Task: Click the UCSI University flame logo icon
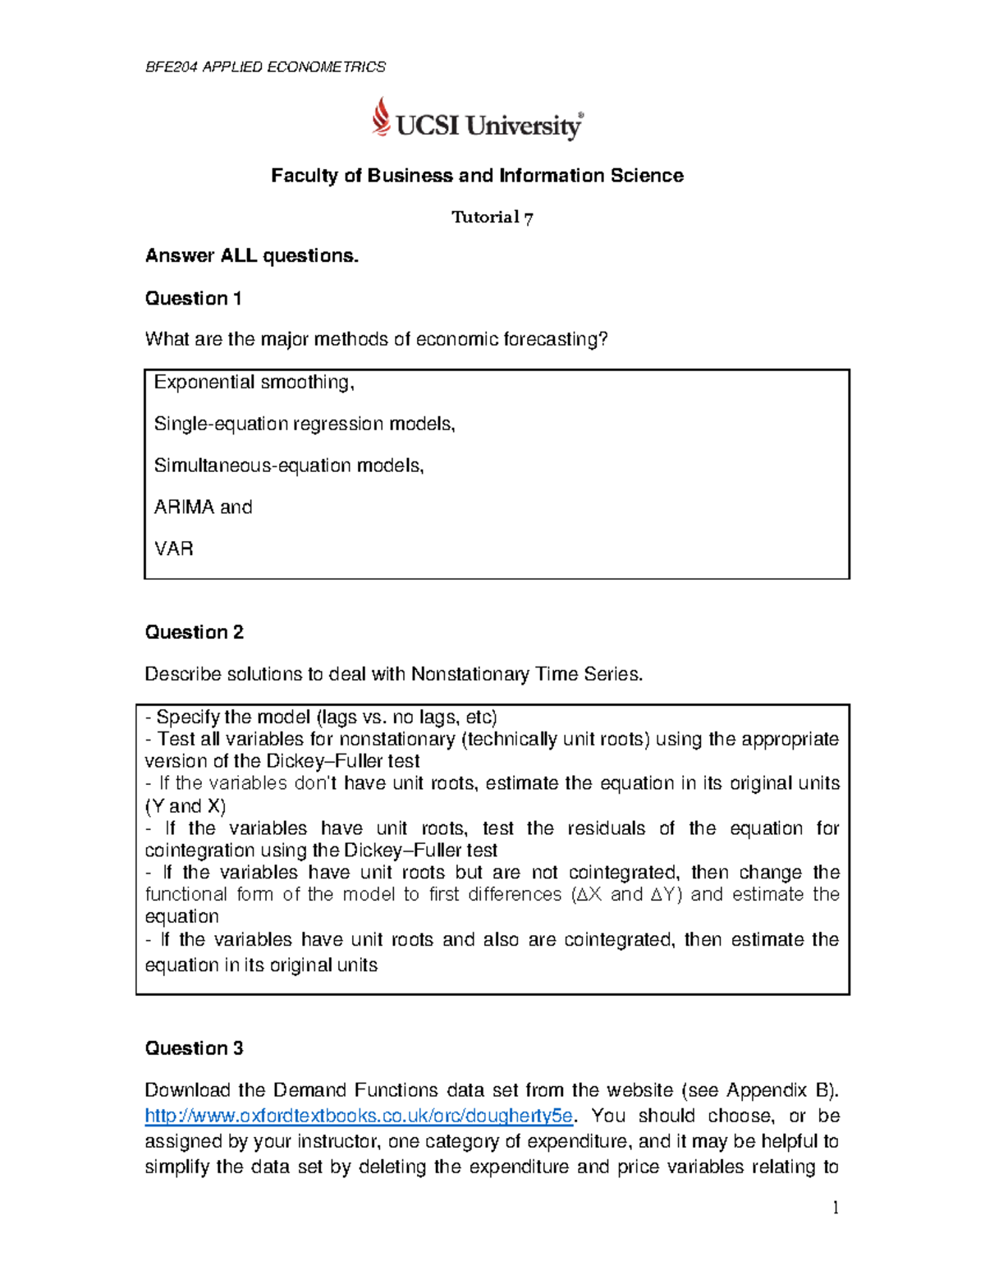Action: (380, 117)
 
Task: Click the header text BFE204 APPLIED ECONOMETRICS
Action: (265, 67)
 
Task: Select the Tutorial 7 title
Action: (492, 218)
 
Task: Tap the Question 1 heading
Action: (193, 298)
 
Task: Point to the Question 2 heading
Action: (194, 632)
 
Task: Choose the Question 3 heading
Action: (194, 1048)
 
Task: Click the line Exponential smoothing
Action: (254, 383)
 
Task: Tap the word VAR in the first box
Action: (174, 548)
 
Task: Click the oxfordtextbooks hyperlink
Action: (358, 1116)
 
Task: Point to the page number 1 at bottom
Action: (836, 1207)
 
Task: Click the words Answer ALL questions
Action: (252, 256)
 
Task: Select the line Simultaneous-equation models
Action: (289, 466)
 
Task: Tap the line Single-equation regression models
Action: (304, 424)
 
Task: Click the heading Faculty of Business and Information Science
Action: (477, 176)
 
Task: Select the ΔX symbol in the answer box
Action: (589, 895)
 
